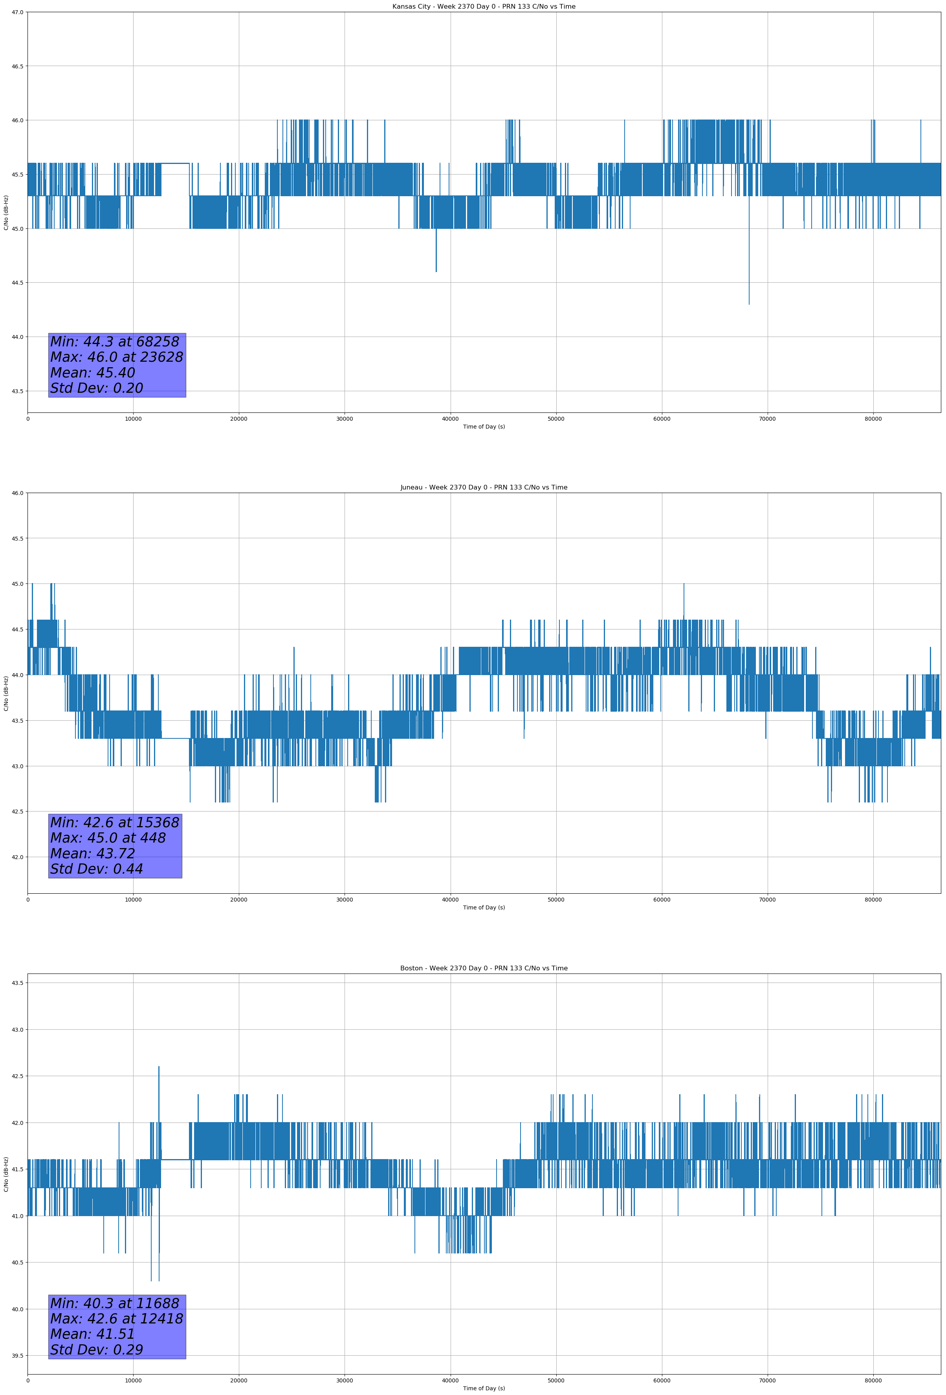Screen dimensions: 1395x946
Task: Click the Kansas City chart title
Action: pos(484,7)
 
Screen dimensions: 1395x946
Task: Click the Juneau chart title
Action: pos(484,488)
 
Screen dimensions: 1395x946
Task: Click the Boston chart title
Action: pos(484,968)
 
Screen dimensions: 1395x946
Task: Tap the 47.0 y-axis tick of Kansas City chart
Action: pos(17,12)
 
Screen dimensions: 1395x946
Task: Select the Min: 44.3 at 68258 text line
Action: pos(115,342)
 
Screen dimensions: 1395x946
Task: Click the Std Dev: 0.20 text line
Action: pos(97,388)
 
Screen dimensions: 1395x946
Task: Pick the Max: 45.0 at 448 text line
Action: pos(108,838)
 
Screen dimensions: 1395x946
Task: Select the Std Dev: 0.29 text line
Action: pos(97,1350)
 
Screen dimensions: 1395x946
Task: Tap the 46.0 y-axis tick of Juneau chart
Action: pos(17,493)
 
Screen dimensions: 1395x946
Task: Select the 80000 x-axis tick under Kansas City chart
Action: pos(873,419)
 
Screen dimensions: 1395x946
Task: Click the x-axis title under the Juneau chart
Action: pos(484,907)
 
